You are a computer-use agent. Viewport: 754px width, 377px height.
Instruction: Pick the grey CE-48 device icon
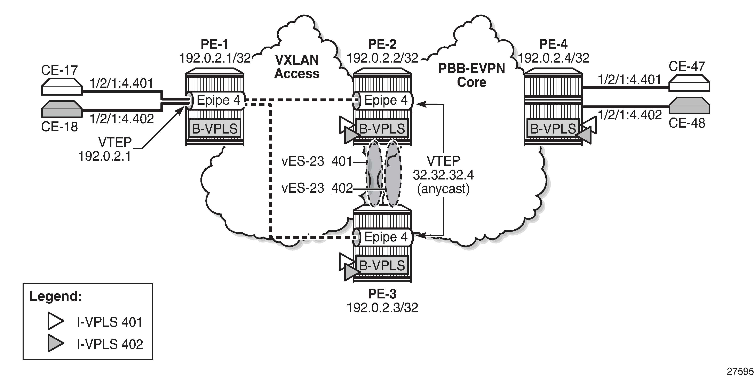689,105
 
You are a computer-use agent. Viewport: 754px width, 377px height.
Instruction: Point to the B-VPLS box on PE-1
215,128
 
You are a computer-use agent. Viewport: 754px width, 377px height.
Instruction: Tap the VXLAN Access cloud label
297,67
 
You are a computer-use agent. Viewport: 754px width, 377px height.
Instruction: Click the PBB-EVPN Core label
471,75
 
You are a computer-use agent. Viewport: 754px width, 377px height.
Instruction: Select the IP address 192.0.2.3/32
382,308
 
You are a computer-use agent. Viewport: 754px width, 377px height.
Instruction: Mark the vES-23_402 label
317,188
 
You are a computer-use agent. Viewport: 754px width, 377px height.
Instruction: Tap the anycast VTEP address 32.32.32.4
443,175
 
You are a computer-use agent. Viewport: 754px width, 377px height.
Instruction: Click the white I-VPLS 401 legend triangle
55,321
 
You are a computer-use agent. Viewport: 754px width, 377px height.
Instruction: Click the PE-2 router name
382,44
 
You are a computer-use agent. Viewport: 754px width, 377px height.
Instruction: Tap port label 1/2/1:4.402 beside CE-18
122,119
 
